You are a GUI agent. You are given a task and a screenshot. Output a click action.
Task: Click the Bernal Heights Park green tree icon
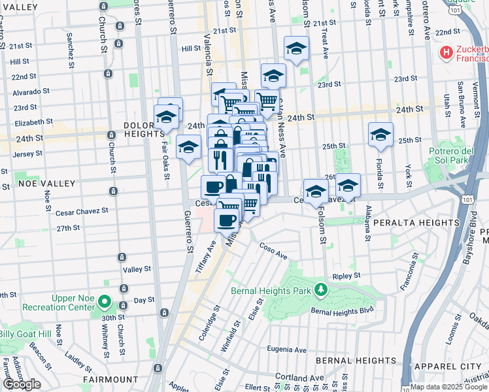[320, 289]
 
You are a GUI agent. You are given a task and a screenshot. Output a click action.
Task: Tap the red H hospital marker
[447, 52]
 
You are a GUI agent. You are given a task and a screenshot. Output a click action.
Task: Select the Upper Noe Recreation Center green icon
[105, 305]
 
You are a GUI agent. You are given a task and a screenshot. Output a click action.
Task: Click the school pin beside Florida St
[380, 135]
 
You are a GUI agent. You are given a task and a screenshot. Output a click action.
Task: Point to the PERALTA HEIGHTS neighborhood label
[418, 223]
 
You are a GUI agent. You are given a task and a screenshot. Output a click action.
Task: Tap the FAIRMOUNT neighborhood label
[110, 379]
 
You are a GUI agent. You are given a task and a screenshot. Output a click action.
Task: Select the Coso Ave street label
[273, 252]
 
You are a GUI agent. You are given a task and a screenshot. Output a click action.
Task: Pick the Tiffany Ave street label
[206, 256]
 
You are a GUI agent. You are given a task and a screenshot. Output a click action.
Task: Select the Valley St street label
[137, 269]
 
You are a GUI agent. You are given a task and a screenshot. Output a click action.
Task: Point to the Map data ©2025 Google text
[448, 386]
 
